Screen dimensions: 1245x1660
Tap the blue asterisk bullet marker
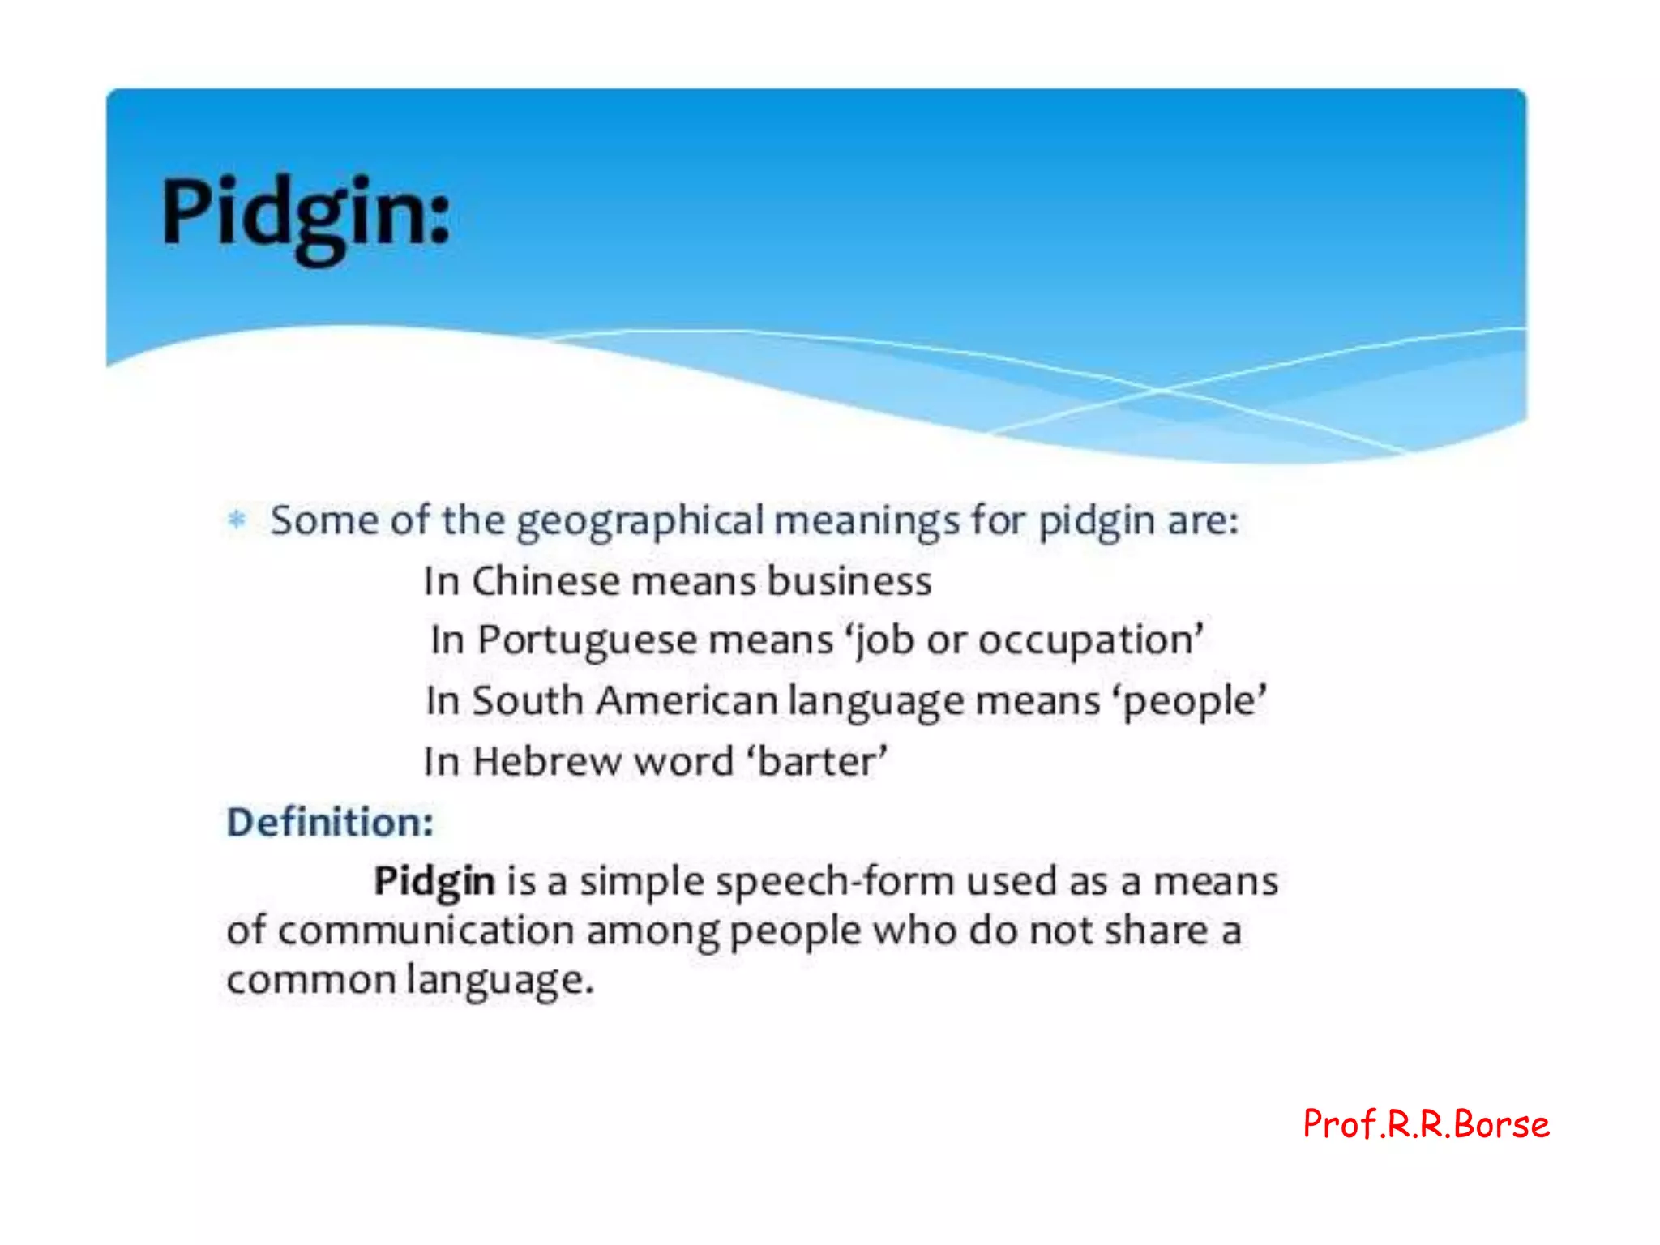pos(237,519)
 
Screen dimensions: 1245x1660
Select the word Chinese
pos(545,581)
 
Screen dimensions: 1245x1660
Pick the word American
pos(687,700)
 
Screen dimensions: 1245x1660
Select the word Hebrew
pos(545,762)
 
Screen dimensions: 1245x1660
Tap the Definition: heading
pos(330,822)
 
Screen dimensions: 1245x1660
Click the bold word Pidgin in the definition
pos(434,882)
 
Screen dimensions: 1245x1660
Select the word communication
pos(426,931)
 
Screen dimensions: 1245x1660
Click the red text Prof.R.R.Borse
pos(1426,1124)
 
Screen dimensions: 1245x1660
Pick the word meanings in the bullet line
pos(866,522)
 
